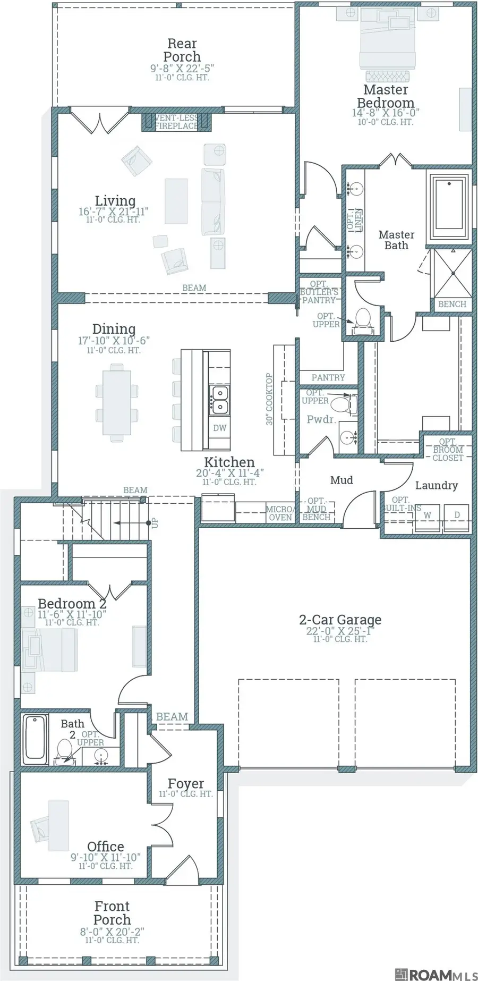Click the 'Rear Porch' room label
point(182,50)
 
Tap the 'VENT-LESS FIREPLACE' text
point(176,122)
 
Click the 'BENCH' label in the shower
point(452,304)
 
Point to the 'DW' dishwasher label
point(219,428)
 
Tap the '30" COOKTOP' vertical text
point(269,399)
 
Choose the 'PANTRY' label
point(328,377)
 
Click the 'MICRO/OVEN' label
point(279,513)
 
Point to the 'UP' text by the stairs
point(155,523)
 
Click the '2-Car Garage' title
point(340,620)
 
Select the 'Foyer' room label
point(185,783)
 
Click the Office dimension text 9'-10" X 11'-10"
point(105,857)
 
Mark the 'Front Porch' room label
point(112,912)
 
